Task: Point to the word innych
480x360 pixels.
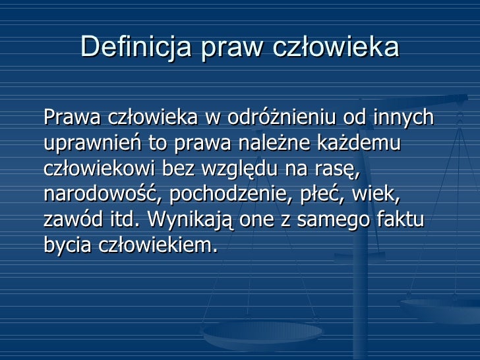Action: [x=403, y=118]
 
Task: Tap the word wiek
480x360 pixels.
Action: [x=376, y=194]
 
